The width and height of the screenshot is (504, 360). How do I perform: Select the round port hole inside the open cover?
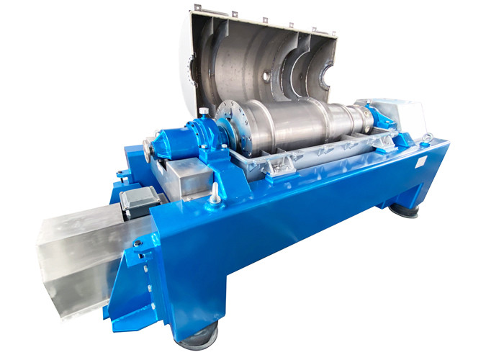tap(266, 74)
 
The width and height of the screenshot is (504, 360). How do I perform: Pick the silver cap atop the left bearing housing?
tap(204, 112)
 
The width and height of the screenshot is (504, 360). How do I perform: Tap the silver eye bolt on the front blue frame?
tap(214, 192)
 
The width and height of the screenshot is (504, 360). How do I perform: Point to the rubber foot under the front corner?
tap(197, 336)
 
